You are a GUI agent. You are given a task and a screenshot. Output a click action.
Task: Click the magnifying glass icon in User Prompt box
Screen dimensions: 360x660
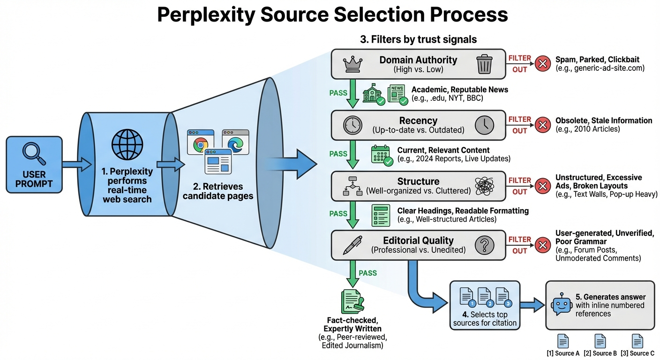coord(34,154)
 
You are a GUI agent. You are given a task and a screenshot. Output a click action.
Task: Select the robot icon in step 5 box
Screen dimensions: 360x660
coord(561,305)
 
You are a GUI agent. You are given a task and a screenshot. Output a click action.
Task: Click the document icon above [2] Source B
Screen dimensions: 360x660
coord(600,341)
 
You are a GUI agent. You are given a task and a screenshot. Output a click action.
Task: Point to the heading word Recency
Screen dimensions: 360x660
coord(418,120)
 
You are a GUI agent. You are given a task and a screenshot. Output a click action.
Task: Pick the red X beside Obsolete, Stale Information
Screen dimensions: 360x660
coord(542,125)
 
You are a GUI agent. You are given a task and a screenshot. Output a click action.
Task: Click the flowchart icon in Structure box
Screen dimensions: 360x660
coord(352,186)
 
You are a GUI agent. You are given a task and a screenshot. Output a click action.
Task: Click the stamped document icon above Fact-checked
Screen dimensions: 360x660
coord(352,302)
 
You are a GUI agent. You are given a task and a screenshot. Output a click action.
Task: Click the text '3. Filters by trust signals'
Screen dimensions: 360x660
coord(418,39)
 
